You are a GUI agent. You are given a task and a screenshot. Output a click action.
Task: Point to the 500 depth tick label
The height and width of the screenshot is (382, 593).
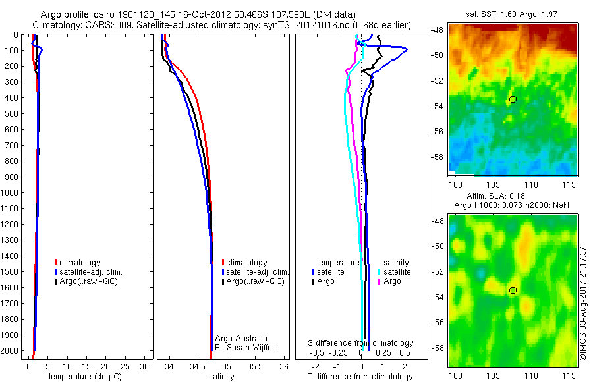pos(11,113)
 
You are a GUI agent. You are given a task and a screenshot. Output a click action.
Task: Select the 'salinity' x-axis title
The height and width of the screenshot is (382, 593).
pos(221,377)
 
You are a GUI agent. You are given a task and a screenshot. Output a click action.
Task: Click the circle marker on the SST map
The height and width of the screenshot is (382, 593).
pos(513,99)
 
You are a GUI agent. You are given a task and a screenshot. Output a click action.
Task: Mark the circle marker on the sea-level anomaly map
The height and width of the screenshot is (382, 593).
pos(513,290)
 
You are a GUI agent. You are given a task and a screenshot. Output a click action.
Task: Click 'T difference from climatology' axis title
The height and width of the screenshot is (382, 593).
pos(360,377)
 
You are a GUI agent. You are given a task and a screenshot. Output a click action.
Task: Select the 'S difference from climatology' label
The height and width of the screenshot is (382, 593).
pos(361,343)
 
